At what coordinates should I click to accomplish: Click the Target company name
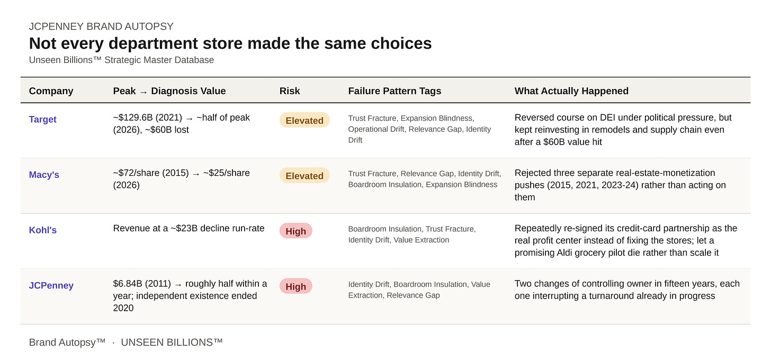coord(43,120)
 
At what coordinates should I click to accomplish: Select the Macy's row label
coord(44,175)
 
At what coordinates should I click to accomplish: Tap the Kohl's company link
coord(43,230)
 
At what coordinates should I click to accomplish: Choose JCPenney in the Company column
coord(51,286)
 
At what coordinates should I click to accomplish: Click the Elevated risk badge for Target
coord(304,121)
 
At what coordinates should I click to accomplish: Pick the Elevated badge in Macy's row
coord(304,176)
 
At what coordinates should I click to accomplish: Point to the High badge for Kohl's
coord(295,231)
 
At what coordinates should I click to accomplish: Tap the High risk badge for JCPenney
coord(295,287)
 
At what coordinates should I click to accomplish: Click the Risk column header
coord(290,91)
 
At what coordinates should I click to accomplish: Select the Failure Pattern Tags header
coord(395,91)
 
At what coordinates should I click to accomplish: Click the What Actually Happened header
coord(571,91)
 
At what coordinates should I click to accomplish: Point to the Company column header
coord(51,91)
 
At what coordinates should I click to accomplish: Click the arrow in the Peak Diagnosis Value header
coord(144,92)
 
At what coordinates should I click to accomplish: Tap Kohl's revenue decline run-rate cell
coord(189,228)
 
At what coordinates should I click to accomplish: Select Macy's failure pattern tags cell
coord(424,179)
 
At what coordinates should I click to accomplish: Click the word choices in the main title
coord(401,43)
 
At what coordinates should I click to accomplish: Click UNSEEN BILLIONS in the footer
coord(172,343)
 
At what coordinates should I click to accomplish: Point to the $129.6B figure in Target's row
coord(135,118)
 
